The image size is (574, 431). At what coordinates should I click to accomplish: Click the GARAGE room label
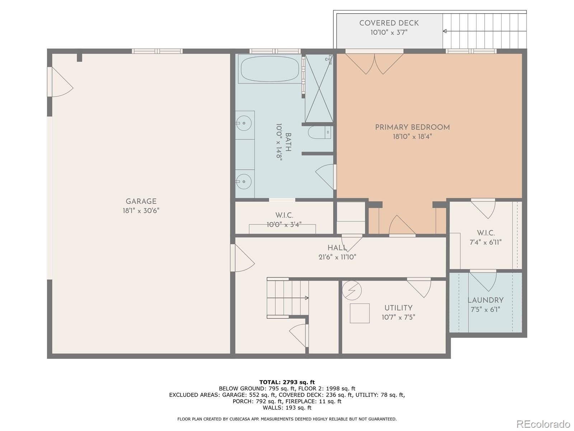[141, 201]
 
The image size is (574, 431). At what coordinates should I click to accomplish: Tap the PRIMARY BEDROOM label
[413, 128]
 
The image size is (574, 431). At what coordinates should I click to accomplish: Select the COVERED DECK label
[389, 23]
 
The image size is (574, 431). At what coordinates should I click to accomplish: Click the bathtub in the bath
[270, 69]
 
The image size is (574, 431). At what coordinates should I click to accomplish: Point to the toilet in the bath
[319, 133]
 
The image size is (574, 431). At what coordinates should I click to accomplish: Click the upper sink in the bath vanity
[244, 123]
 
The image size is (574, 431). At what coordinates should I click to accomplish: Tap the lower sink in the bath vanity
[244, 181]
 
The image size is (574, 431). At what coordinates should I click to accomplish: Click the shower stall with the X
[319, 88]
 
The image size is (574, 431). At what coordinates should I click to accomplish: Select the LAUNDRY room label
[485, 300]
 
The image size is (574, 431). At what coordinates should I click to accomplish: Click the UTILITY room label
[398, 308]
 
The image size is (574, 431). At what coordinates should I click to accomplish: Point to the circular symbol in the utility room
[352, 291]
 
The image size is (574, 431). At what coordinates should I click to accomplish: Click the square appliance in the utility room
[359, 313]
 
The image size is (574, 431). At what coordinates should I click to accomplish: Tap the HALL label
[337, 247]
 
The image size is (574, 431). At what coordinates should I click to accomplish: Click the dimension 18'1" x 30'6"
[141, 211]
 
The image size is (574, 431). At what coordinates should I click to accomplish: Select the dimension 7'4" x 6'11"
[486, 242]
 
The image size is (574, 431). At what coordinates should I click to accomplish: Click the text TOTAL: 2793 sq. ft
[287, 382]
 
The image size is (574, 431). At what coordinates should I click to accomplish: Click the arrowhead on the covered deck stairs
[444, 31]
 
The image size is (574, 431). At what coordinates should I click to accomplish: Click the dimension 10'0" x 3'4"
[284, 224]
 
